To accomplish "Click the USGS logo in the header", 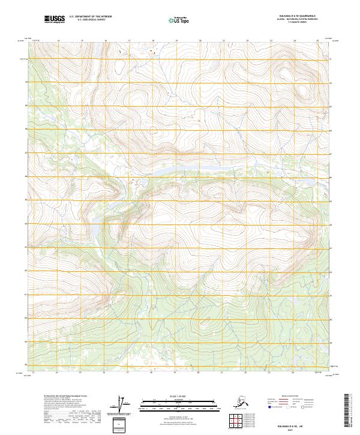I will tap(55, 20).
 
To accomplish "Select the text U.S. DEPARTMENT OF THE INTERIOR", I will tap(89, 18).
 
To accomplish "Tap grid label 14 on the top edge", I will tap(58, 41).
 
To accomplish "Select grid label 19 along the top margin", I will tap(176, 41).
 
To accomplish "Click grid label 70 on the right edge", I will tap(331, 83).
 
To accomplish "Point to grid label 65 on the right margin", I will tap(331, 201).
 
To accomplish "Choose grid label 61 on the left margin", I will tap(25, 295).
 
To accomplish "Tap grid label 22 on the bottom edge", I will tap(247, 373).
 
